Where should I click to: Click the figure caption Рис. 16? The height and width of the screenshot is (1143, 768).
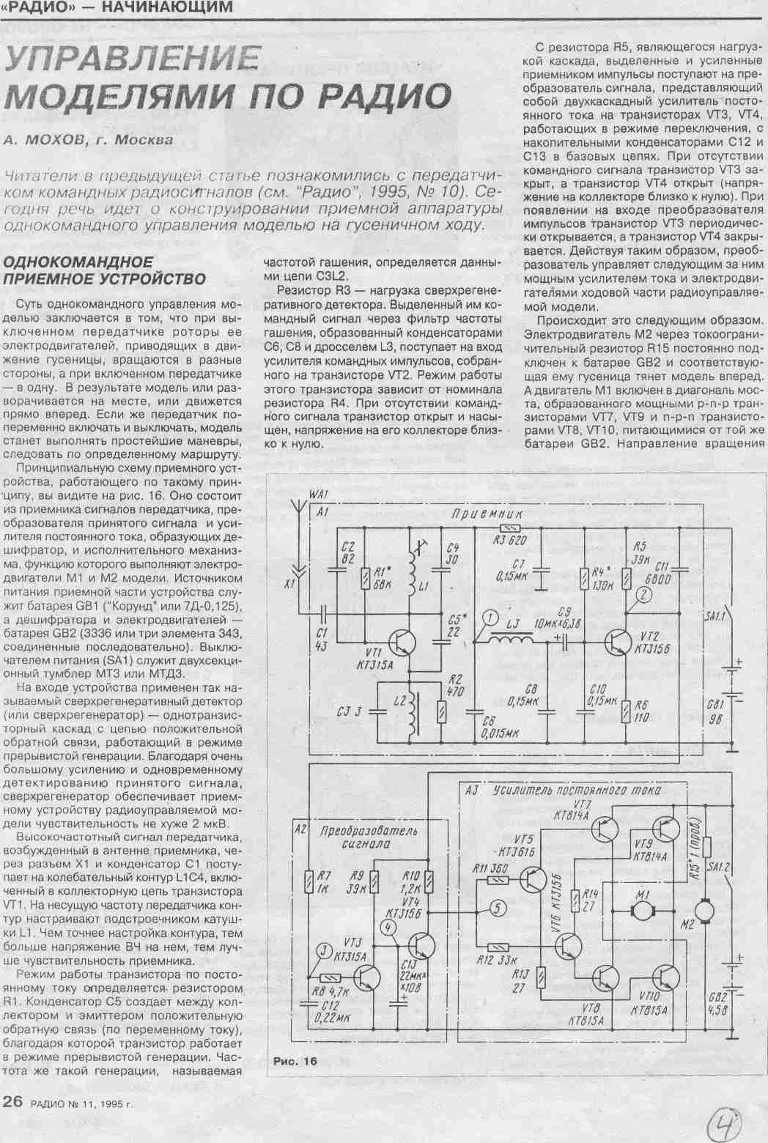click(295, 1061)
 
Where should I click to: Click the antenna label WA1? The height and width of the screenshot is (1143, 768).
click(319, 496)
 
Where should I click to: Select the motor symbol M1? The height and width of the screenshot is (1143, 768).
click(646, 910)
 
